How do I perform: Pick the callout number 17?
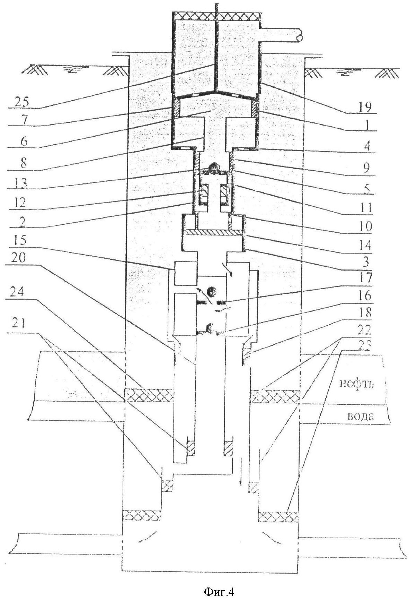pyautogui.click(x=365, y=277)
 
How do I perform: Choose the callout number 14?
pyautogui.click(x=365, y=245)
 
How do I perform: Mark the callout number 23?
pyautogui.click(x=365, y=345)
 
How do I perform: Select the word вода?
pyautogui.click(x=361, y=416)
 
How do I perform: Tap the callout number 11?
pyautogui.click(x=365, y=207)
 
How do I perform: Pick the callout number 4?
pyautogui.click(x=365, y=146)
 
